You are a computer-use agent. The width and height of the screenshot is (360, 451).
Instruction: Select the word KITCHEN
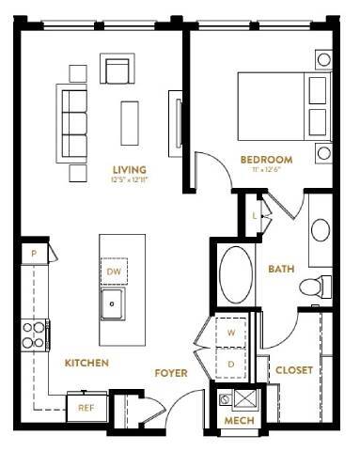click(x=86, y=362)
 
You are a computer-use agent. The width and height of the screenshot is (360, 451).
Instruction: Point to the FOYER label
click(x=172, y=373)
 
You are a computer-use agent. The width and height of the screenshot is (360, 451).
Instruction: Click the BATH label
click(x=281, y=269)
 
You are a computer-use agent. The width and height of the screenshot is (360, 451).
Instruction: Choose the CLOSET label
click(x=293, y=370)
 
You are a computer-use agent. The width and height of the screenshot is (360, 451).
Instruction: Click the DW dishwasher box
click(x=115, y=272)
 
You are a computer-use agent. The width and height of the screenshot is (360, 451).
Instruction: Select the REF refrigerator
click(x=86, y=408)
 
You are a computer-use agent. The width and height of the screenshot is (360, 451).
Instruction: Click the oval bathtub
click(x=236, y=273)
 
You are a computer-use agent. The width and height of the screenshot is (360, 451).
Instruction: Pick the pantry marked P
click(x=35, y=253)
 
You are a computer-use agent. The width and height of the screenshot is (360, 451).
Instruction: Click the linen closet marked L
click(x=255, y=215)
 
